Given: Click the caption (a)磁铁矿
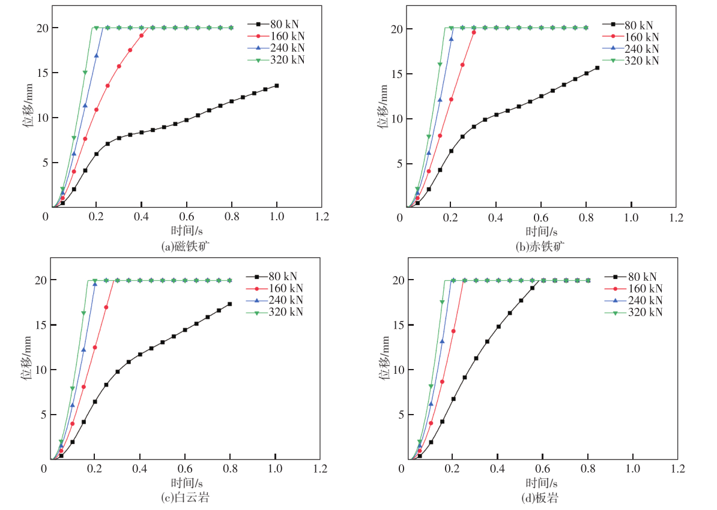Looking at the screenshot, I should tap(186, 245).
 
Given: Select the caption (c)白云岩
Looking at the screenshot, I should tap(186, 497).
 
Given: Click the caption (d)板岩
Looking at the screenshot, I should tap(542, 497).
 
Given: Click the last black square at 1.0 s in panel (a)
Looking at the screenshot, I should tap(276, 86).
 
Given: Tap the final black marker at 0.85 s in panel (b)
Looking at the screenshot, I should tap(597, 68).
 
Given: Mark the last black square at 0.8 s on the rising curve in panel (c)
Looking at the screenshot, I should tap(230, 304).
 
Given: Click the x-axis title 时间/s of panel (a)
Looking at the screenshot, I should tap(186, 231).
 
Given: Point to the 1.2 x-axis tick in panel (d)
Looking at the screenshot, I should tap(678, 468).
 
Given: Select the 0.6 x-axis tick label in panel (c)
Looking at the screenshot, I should tap(185, 468).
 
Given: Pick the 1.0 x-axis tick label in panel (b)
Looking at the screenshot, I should tap(631, 216).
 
